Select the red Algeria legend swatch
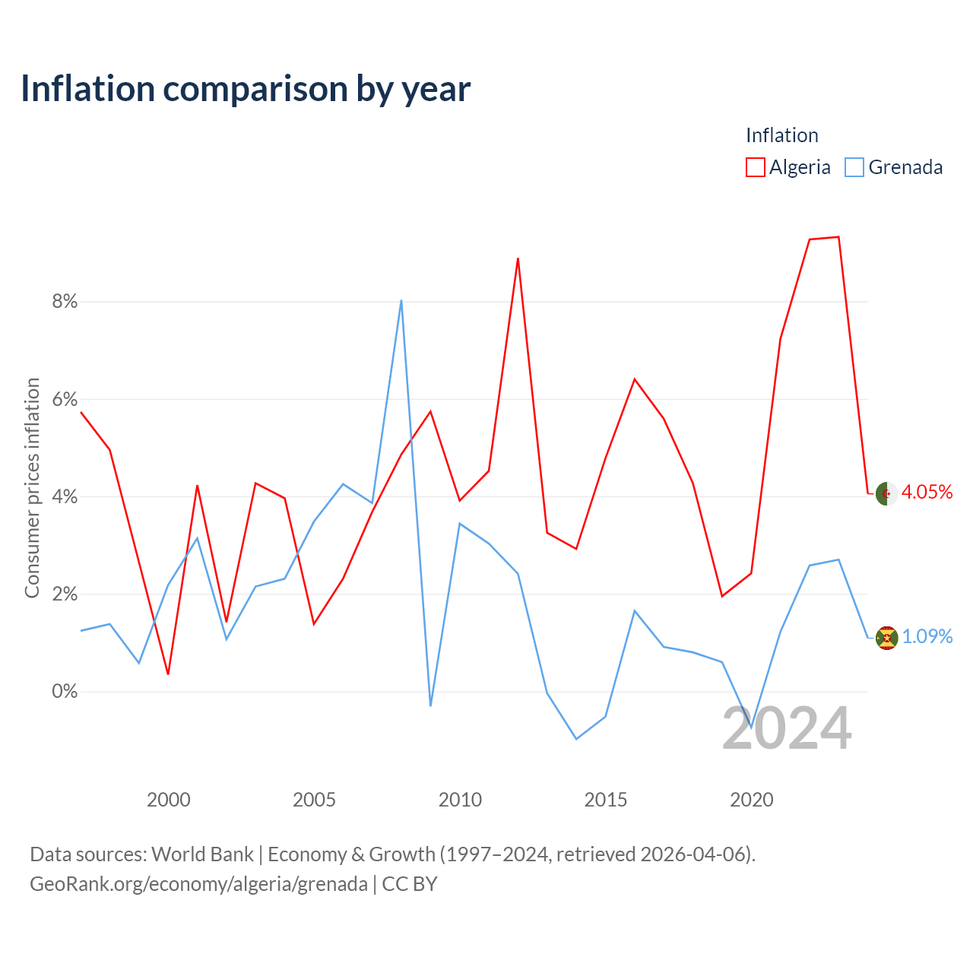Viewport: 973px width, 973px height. [x=755, y=167]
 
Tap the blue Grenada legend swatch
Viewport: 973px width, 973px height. [x=854, y=167]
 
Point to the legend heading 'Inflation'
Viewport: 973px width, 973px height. [x=781, y=135]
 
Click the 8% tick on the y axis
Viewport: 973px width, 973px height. [x=65, y=302]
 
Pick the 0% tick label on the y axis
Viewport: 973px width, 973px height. [x=65, y=691]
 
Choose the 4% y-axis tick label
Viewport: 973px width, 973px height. [x=65, y=496]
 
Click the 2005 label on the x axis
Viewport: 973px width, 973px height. [x=314, y=800]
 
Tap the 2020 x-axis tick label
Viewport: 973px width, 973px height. [x=751, y=800]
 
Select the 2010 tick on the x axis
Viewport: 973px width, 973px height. [x=460, y=800]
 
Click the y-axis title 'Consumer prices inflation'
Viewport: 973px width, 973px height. [x=32, y=488]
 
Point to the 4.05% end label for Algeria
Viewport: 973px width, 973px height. [x=927, y=492]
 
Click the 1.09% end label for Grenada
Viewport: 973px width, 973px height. [x=927, y=636]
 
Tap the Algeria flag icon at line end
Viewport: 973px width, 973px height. [x=886, y=493]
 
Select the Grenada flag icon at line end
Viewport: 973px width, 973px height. [x=886, y=639]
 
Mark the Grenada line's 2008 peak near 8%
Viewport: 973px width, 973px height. [x=401, y=300]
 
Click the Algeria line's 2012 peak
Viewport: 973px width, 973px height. [x=518, y=258]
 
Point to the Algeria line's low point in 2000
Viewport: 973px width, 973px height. [x=168, y=674]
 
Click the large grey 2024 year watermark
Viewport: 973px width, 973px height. [x=787, y=728]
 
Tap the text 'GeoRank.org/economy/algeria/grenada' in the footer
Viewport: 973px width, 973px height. [x=199, y=883]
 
